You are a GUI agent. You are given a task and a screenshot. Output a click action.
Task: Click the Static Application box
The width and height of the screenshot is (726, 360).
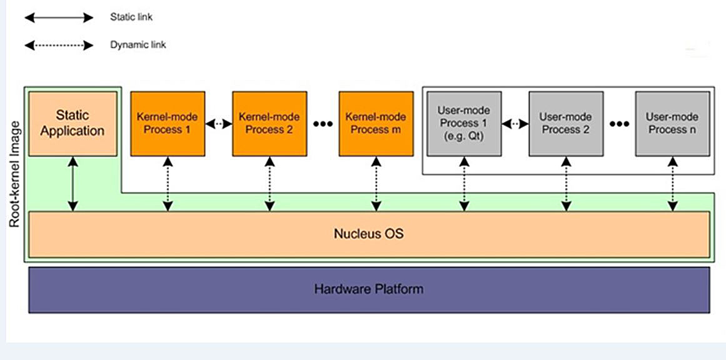coord(73,123)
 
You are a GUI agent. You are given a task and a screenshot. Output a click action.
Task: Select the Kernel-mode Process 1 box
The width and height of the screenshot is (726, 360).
coord(167,123)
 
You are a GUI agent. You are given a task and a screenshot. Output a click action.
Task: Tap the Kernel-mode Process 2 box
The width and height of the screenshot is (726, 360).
coord(270,123)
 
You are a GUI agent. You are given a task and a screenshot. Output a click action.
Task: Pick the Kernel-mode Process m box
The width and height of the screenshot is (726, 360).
coord(376,123)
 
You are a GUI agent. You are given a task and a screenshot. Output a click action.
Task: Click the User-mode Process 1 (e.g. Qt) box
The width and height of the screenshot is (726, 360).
coord(463,123)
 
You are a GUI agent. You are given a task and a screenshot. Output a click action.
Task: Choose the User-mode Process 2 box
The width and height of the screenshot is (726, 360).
coord(566,123)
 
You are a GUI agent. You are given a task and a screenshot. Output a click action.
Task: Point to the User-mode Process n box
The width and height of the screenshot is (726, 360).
coord(672,123)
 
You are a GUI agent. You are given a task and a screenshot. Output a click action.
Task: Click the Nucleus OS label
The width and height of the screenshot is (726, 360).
coord(368,234)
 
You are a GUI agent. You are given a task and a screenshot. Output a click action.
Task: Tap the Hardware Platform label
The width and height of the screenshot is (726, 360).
coord(368,289)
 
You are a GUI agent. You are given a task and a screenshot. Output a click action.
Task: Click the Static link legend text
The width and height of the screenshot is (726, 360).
coord(131,17)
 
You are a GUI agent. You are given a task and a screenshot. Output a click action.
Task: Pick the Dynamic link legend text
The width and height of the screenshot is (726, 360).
coord(138,45)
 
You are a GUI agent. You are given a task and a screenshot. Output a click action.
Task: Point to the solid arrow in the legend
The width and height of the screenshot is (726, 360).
coord(59,18)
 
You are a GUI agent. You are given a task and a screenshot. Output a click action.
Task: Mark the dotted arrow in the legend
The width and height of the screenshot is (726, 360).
coord(59,46)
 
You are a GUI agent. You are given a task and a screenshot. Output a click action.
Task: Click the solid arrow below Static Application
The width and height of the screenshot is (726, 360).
coord(73,184)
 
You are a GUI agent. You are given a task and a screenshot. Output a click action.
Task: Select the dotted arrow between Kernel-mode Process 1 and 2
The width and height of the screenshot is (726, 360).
coord(219,124)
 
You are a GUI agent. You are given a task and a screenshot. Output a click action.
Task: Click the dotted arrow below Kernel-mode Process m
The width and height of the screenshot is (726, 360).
coord(376,184)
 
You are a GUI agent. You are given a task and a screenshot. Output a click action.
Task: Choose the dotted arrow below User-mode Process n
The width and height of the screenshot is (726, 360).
coord(673,184)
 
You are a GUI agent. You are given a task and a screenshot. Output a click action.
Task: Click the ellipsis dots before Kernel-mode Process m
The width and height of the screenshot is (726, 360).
coord(323,124)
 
